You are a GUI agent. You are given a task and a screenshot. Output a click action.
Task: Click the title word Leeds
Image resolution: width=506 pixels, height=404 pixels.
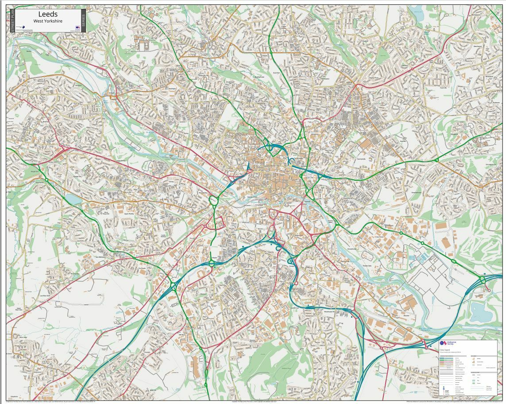coord(48,14)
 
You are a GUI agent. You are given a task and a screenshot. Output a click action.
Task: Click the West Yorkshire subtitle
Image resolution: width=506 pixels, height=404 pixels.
coord(48,21)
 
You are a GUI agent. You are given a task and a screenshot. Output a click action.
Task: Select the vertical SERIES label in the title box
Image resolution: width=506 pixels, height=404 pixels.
coord(83,19)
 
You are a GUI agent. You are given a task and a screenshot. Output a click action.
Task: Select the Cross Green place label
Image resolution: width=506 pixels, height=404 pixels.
coord(379,237)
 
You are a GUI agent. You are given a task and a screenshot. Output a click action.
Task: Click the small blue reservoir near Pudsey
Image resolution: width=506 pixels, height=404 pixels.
coord(73,199)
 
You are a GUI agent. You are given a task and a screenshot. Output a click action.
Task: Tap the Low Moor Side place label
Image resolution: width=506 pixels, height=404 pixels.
coord(44,295)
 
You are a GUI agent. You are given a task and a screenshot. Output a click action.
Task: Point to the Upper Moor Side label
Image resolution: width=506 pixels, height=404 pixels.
coord(19,309)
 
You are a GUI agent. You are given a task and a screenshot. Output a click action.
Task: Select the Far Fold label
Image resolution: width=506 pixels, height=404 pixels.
coord(142,268)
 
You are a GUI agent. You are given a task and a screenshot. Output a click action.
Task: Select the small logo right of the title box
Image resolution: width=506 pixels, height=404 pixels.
coord(77,27)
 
